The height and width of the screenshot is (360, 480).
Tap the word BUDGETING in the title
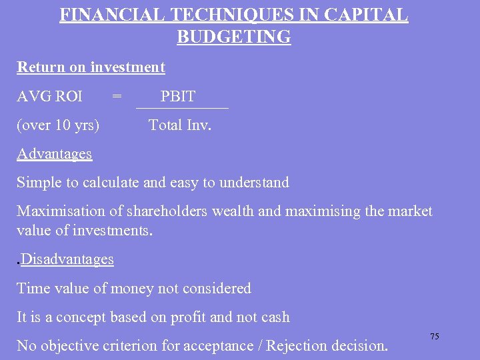234,37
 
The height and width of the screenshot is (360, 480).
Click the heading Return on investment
91,67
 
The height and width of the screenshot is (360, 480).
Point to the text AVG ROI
49,97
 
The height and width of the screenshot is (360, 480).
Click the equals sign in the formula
117,97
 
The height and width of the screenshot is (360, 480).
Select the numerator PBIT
178,97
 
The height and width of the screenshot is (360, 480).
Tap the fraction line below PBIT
181,108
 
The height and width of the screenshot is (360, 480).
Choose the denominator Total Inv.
180,125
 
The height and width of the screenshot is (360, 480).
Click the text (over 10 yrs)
58,125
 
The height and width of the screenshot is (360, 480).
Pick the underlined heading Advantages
54,153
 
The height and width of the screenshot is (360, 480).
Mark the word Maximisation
61,211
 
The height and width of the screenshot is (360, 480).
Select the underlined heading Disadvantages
67,259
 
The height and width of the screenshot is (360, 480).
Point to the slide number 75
434,337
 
